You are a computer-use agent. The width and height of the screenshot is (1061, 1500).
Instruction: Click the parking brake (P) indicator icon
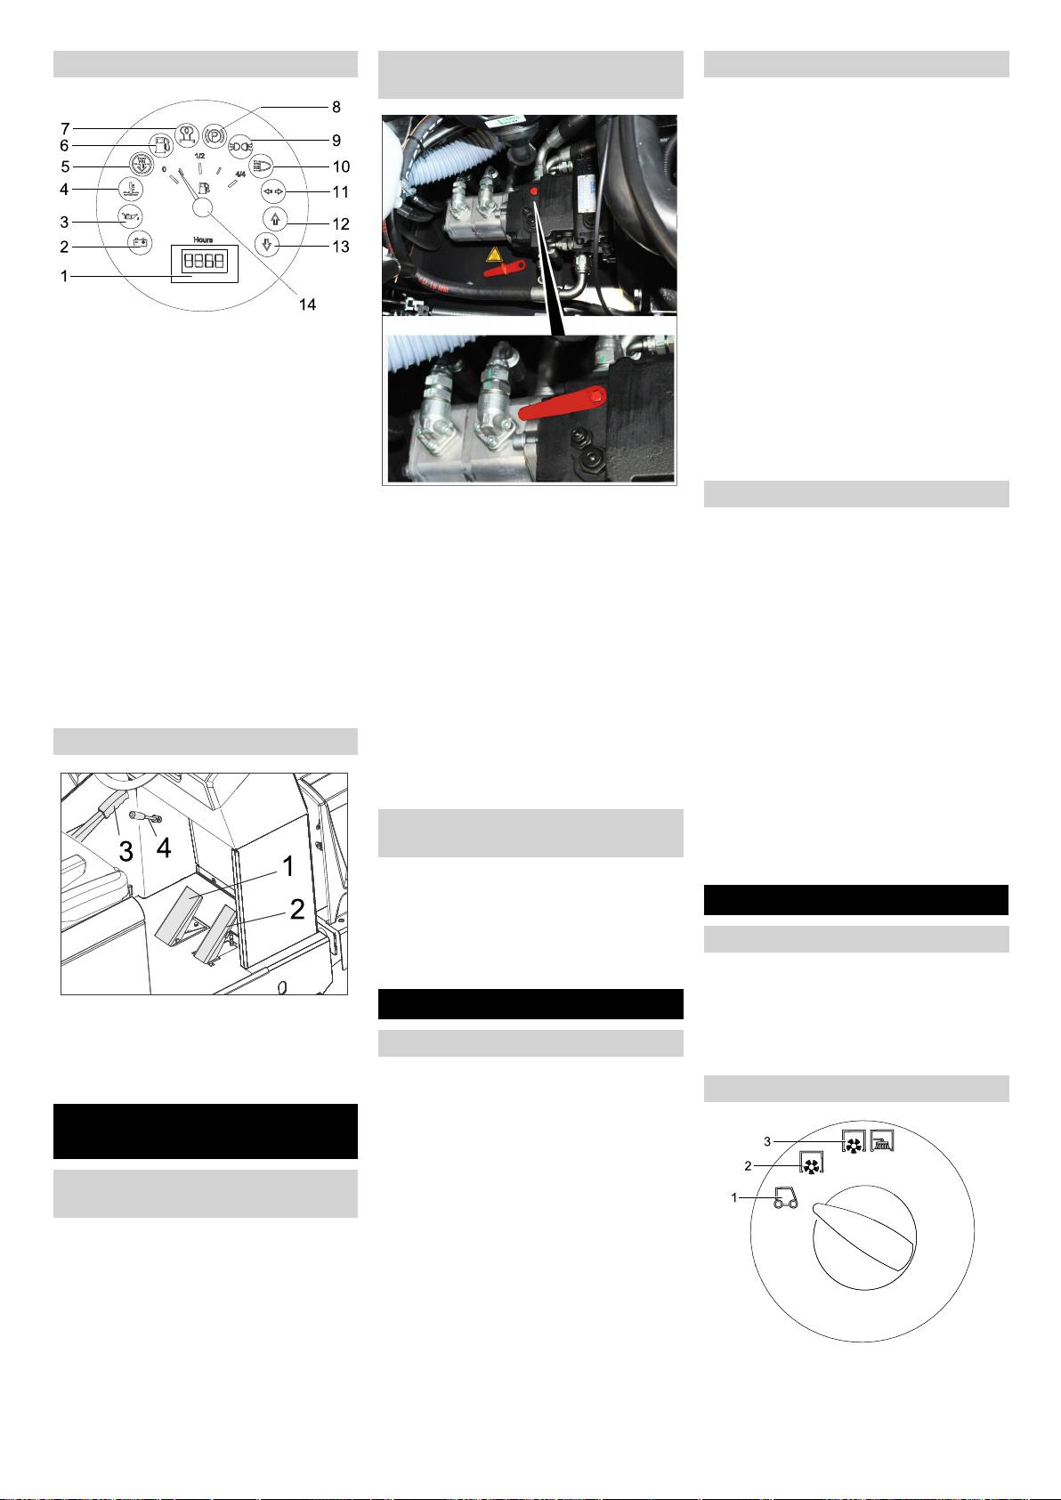tap(215, 134)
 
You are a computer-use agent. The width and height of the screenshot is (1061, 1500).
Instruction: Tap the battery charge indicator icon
tap(140, 242)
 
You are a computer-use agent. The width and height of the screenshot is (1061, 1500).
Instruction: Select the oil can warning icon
tap(130, 216)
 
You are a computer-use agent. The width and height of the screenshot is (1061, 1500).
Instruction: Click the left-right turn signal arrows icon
tap(273, 191)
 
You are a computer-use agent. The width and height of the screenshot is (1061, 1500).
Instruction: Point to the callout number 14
tap(307, 304)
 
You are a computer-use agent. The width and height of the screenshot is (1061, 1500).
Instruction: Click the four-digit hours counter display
tap(204, 261)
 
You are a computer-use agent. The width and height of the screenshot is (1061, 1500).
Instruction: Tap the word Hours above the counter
tap(203, 239)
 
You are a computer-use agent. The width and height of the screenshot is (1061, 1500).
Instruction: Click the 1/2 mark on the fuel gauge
tap(199, 156)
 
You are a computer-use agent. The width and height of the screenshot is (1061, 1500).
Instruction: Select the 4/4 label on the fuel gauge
tap(240, 174)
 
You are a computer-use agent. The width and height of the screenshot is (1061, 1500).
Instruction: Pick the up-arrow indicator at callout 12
tap(275, 218)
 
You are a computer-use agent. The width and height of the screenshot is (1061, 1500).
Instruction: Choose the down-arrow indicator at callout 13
tap(267, 246)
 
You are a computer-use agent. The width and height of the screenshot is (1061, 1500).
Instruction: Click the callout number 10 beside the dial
tap(342, 166)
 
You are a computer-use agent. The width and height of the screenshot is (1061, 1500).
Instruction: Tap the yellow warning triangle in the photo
tap(494, 255)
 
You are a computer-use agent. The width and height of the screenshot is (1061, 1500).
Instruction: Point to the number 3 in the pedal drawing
tap(126, 852)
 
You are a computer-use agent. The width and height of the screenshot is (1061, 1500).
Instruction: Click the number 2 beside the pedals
tap(297, 909)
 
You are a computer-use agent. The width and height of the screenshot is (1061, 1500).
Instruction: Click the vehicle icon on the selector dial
tap(786, 1197)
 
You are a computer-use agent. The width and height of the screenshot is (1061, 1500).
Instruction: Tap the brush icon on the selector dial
tap(882, 1141)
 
